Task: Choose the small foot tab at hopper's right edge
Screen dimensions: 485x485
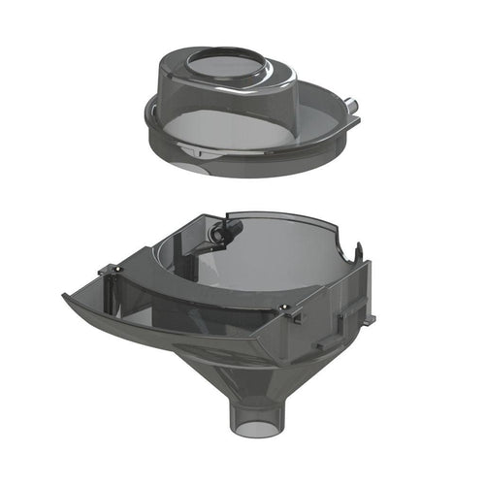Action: (x=369, y=318)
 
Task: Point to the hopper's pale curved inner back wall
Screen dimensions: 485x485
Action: (x=281, y=252)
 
